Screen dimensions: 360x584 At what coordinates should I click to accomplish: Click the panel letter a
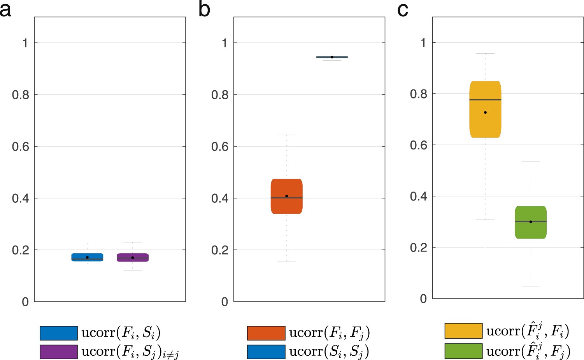tap(5, 9)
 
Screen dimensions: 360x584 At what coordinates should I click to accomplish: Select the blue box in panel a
tap(87, 257)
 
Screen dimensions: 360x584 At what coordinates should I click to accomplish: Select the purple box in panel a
tap(133, 258)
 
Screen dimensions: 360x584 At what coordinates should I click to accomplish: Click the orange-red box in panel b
tap(287, 197)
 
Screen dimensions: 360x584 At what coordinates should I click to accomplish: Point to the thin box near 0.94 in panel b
tap(332, 57)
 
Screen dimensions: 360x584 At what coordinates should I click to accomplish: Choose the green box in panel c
tap(531, 222)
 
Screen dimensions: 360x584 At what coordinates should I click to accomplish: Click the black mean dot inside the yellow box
tap(485, 112)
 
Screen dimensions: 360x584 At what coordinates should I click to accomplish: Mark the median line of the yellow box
tap(494, 100)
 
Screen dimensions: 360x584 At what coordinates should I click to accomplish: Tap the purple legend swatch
tap(59, 351)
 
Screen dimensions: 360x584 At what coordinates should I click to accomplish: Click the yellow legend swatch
tap(463, 331)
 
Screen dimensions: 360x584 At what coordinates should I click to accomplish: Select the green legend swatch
tap(463, 351)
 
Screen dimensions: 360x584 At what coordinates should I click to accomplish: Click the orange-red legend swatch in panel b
tap(266, 333)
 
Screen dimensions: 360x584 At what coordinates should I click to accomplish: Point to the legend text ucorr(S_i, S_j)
tap(329, 352)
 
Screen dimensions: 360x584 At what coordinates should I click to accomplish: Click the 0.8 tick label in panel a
tap(20, 95)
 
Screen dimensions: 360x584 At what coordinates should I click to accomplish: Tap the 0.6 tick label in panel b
tap(219, 147)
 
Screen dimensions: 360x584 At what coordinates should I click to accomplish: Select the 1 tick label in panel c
tap(423, 42)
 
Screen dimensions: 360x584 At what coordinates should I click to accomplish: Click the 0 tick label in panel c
tap(423, 299)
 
